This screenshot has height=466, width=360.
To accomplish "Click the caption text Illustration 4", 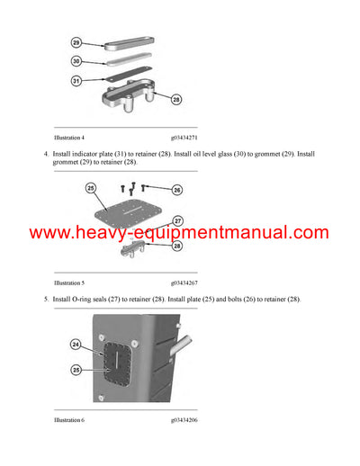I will [68, 138].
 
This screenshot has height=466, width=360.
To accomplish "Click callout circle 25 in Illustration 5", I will [90, 188].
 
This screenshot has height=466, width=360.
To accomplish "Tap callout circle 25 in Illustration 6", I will [77, 370].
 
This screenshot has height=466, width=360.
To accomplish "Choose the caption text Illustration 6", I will [68, 419].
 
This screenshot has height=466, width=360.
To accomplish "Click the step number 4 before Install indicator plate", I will [45, 155].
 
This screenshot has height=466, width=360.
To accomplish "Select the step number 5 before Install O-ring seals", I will [45, 299].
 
